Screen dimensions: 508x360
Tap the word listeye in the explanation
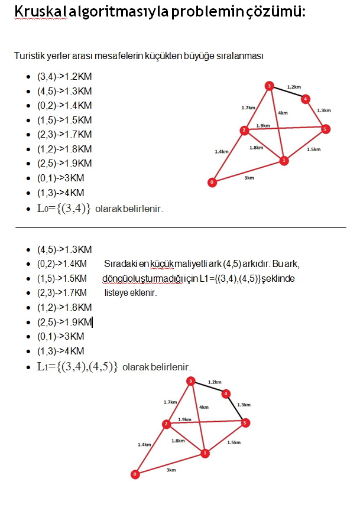click(x=116, y=292)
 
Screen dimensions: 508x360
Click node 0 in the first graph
click(x=213, y=183)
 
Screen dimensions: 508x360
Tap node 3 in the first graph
click(x=269, y=86)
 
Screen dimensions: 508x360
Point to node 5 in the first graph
click(x=325, y=129)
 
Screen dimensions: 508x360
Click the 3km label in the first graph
click(x=249, y=178)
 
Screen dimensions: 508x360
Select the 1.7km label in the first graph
click(x=248, y=108)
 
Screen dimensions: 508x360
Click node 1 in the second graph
click(x=205, y=454)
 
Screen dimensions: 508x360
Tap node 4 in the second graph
click(x=226, y=393)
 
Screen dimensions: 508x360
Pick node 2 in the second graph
click(x=166, y=424)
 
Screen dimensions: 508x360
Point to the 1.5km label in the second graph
click(x=233, y=442)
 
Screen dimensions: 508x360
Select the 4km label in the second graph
click(x=204, y=408)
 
